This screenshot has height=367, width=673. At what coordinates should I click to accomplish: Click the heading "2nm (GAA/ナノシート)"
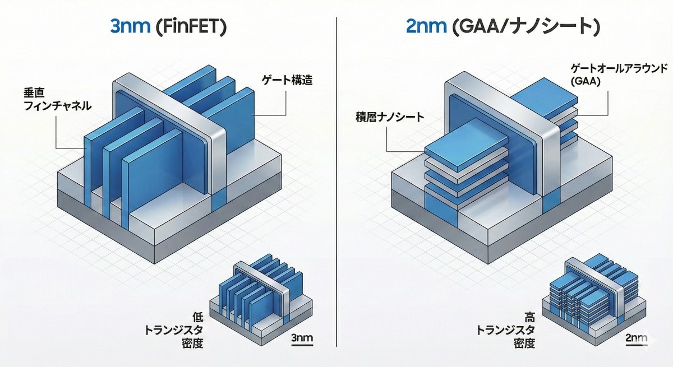tap(502, 26)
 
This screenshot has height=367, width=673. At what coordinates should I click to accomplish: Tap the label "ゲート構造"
tap(287, 80)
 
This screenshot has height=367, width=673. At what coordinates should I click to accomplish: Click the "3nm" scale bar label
tap(303, 338)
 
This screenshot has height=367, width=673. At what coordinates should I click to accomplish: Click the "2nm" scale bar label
tap(635, 338)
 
